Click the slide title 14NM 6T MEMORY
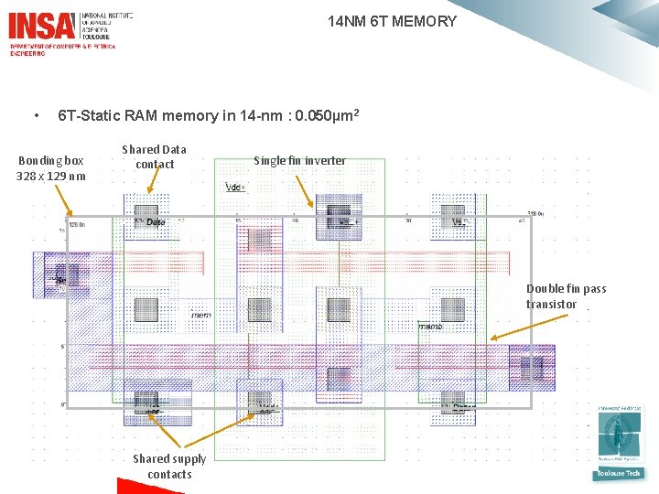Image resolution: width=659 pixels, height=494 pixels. [x=392, y=21]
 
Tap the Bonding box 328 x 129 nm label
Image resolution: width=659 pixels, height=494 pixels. [x=51, y=168]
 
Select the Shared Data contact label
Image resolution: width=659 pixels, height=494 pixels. [x=154, y=156]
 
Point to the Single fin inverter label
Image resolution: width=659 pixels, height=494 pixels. [x=299, y=161]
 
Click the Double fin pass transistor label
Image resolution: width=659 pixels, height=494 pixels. [x=566, y=296]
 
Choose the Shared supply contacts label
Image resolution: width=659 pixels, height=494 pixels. [x=169, y=466]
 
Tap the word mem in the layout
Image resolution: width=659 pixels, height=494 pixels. [x=201, y=315]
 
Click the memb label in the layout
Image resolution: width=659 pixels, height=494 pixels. [x=429, y=327]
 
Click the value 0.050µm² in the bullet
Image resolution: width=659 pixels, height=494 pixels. [x=320, y=116]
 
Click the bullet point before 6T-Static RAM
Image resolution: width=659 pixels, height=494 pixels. [x=36, y=116]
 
